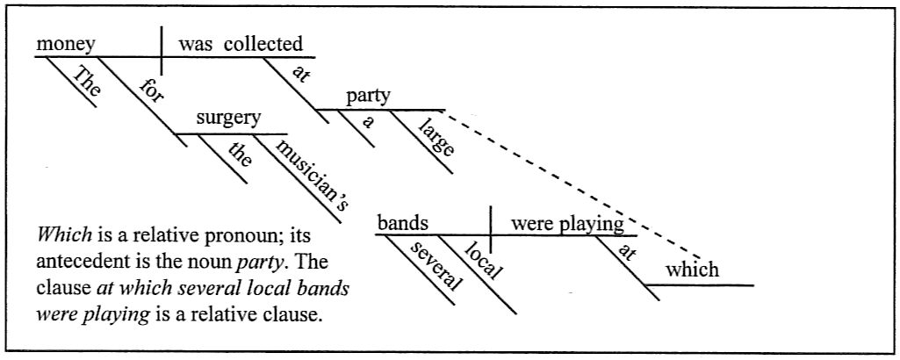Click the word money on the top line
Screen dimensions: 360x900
pyautogui.click(x=65, y=44)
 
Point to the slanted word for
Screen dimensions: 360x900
pyautogui.click(x=150, y=92)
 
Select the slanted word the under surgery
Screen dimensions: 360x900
pyautogui.click(x=239, y=155)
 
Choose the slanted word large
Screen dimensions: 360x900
pyautogui.click(x=436, y=140)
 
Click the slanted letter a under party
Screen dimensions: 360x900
pyautogui.click(x=370, y=123)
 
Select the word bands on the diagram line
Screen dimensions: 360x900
pyautogui.click(x=403, y=223)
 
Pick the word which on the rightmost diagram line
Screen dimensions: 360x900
pyautogui.click(x=693, y=270)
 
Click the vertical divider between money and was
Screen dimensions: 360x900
pyautogui.click(x=162, y=50)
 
